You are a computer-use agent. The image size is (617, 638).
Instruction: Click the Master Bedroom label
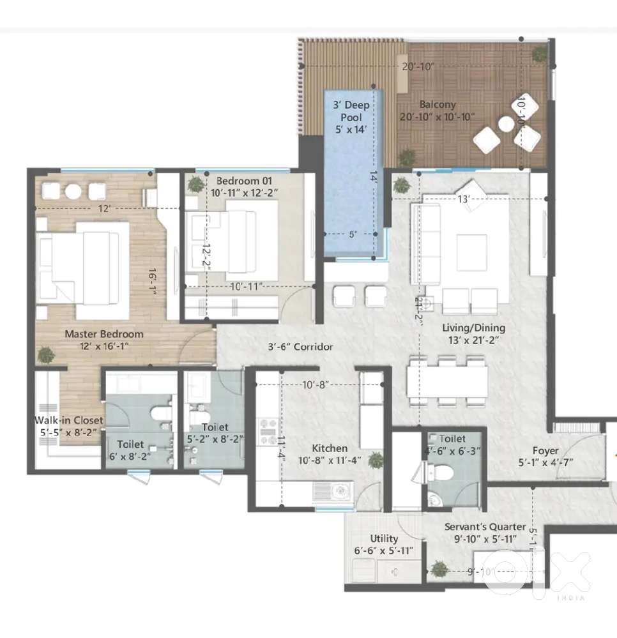(x=104, y=334)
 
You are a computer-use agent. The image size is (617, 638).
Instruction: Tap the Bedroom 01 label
(x=244, y=181)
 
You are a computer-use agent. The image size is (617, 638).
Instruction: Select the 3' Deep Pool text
(x=351, y=111)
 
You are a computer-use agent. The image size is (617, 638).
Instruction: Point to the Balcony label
(x=438, y=105)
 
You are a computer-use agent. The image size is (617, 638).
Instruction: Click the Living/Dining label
(x=474, y=328)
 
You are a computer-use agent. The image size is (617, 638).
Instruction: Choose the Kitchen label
(x=330, y=448)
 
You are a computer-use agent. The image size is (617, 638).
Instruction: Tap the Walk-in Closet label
(x=69, y=420)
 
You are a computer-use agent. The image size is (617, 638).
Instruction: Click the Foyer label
(x=545, y=451)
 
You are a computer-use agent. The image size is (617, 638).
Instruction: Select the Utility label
(x=384, y=539)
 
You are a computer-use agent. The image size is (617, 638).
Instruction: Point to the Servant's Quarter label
(x=485, y=527)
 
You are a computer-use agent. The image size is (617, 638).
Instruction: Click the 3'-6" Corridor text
(x=300, y=347)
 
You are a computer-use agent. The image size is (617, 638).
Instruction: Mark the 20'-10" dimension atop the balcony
(x=418, y=66)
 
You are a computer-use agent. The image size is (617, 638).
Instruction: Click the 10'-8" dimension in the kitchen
(x=316, y=384)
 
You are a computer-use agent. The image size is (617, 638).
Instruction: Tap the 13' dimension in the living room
(x=464, y=199)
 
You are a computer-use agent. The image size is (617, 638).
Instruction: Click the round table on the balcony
(x=507, y=125)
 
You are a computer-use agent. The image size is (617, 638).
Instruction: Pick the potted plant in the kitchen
(x=376, y=460)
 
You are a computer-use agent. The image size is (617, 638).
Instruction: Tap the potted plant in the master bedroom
(x=46, y=355)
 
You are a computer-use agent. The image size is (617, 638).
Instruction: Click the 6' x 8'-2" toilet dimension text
(x=130, y=457)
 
